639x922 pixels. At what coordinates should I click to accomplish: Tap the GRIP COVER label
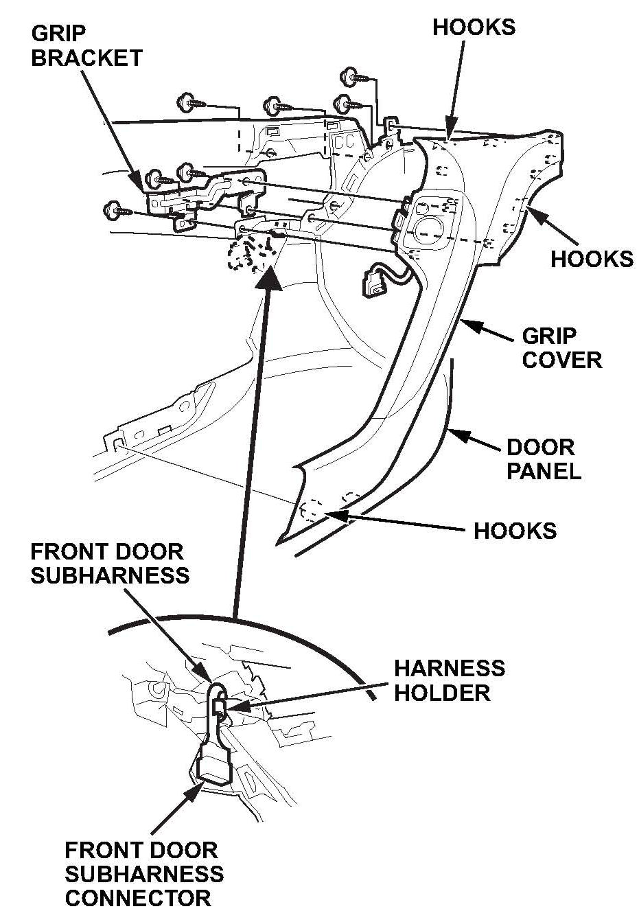(x=561, y=348)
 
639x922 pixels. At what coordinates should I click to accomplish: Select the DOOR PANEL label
(x=543, y=459)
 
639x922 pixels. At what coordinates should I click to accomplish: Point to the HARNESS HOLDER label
(x=449, y=680)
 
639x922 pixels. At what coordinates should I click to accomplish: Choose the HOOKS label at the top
(x=474, y=27)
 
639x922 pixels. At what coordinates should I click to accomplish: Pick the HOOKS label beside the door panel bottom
(x=515, y=530)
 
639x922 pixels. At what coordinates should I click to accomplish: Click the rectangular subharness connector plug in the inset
(x=212, y=765)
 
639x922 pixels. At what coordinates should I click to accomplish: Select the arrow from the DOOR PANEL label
(x=474, y=440)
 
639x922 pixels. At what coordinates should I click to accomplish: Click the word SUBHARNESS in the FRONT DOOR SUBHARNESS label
(x=110, y=575)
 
